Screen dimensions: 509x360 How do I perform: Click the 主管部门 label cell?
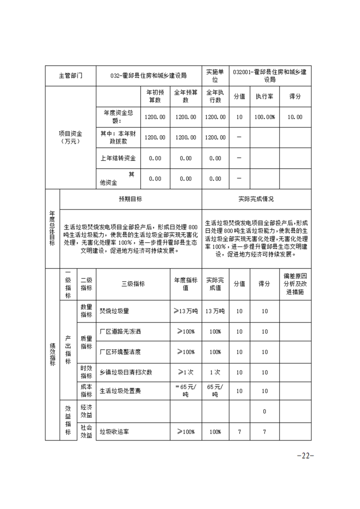(70, 76)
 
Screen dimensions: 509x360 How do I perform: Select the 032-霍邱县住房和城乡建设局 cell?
(149, 76)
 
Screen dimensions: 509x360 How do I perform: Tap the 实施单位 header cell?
(215, 76)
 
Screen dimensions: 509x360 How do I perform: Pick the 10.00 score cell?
(295, 117)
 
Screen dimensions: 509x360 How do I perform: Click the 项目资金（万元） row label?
(70, 137)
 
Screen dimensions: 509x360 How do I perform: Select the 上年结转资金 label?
(118, 158)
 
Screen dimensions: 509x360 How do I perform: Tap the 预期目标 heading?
(131, 199)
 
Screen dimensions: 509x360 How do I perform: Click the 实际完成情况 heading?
(256, 199)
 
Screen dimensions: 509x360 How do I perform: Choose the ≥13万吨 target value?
(186, 311)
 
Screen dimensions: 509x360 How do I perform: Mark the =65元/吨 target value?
(186, 391)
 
